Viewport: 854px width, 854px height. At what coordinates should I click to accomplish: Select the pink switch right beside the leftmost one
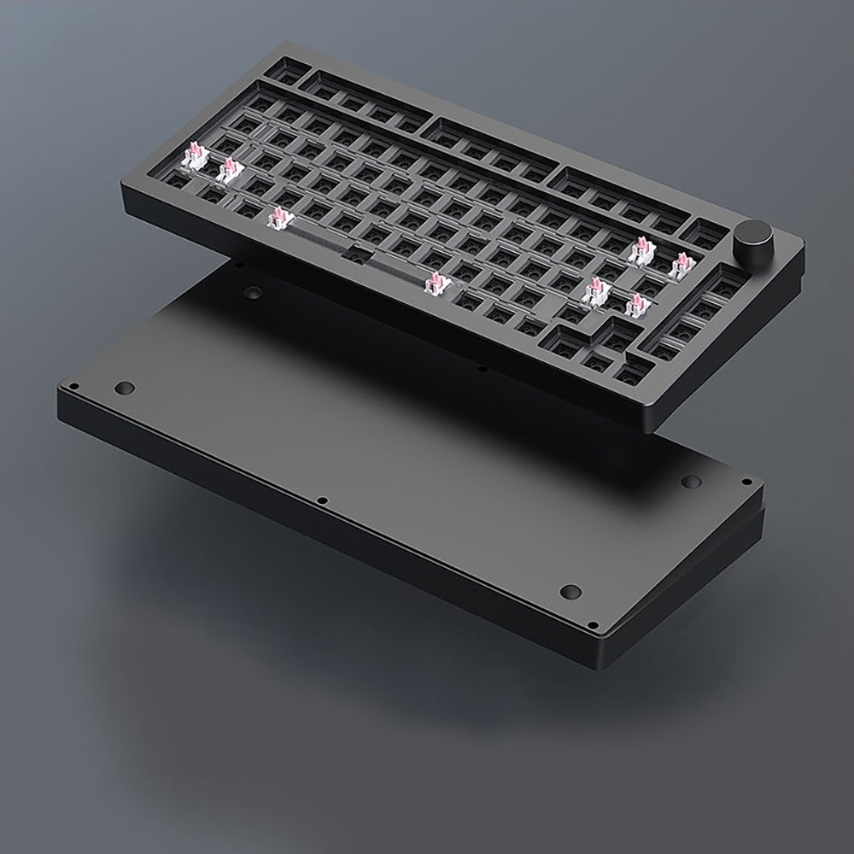click(229, 171)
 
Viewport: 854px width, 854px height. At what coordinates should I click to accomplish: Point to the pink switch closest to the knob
click(682, 266)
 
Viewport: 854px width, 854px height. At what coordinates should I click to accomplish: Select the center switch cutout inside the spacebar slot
click(358, 251)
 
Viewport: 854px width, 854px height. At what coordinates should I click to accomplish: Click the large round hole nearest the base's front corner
click(571, 591)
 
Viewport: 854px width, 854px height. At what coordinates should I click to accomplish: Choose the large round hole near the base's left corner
click(126, 389)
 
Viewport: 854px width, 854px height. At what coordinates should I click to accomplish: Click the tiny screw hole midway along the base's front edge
click(321, 500)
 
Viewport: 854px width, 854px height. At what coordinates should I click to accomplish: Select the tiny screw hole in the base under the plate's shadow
click(483, 369)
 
